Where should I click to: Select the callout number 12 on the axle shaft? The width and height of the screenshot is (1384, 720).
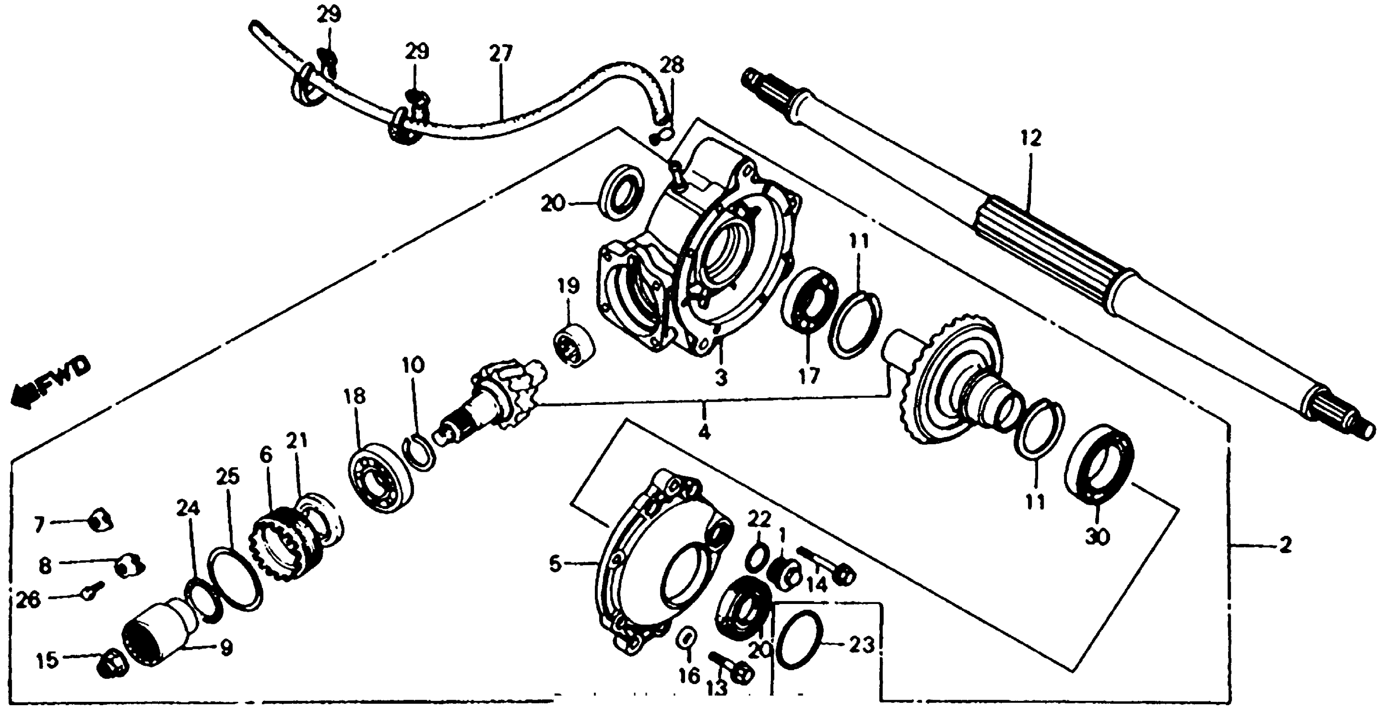[x=1031, y=138]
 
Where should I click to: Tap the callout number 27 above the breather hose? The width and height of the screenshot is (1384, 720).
[x=501, y=54]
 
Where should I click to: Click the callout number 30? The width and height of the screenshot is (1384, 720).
[x=1097, y=535]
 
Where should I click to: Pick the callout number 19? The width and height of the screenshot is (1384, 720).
[x=569, y=285]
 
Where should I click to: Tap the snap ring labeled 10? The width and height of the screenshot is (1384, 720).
[x=420, y=454]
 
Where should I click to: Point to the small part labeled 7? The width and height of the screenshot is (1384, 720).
[x=100, y=520]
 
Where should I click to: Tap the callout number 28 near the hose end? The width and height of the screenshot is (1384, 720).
[x=671, y=66]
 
